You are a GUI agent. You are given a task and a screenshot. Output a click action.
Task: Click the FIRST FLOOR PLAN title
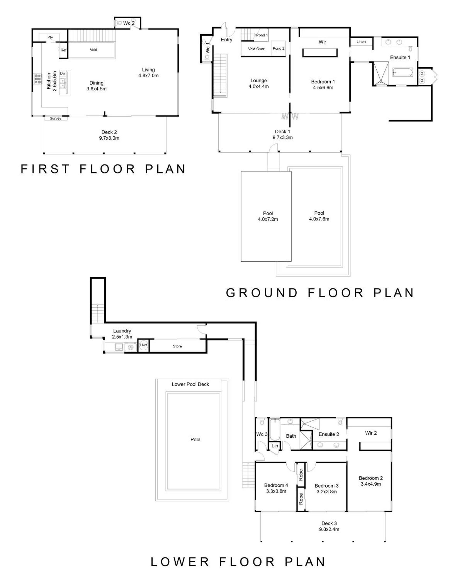[103, 169]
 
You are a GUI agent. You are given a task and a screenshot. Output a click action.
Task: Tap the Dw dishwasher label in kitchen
[63, 73]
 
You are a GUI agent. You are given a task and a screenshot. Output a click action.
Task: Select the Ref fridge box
[63, 50]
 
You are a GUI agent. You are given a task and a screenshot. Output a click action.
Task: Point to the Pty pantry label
[50, 37]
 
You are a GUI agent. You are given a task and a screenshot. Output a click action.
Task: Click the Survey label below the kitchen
[55, 118]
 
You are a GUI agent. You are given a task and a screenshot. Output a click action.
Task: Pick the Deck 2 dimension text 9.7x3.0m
[109, 138]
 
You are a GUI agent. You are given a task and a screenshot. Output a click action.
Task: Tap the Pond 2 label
[278, 48]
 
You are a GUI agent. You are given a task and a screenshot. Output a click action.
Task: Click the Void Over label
[256, 49]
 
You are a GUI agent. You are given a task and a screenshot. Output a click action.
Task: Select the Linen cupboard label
[361, 42]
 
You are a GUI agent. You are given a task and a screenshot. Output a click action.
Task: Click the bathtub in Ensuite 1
[403, 73]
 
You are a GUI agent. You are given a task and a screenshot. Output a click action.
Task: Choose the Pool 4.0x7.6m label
[319, 216]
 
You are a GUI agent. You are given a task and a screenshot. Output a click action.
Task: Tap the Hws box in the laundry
[144, 345]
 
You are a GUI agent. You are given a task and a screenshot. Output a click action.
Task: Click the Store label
[177, 346]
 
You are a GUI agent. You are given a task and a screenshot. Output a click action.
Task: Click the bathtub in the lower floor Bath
[275, 430]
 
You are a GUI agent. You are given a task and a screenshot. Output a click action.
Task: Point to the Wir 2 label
[371, 433]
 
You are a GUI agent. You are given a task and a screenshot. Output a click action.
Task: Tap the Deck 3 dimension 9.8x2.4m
[329, 529]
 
